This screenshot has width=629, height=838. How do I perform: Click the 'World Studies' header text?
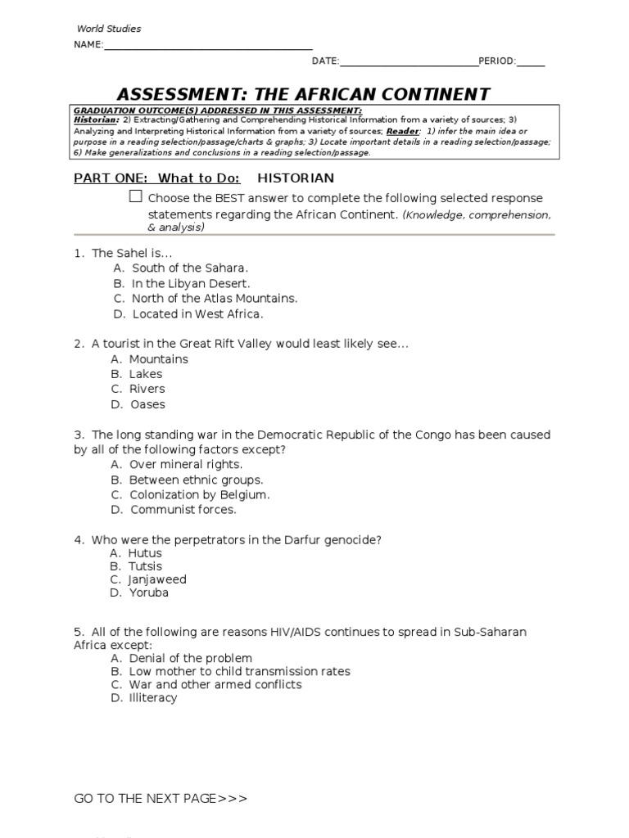pos(109,29)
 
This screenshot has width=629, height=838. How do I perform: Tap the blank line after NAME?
pos(208,47)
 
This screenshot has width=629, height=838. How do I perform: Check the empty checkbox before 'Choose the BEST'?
pos(136,197)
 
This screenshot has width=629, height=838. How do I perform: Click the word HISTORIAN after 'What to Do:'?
pos(296,178)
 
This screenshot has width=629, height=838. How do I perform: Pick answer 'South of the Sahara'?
pos(189,268)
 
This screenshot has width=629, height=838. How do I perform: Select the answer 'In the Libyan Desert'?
pos(191,283)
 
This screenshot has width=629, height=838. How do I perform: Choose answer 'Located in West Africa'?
pos(197,313)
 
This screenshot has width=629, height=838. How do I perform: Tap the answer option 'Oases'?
pos(147,404)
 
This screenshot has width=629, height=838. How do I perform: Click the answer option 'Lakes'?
pos(146,374)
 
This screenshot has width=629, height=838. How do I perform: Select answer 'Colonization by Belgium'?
pos(199,494)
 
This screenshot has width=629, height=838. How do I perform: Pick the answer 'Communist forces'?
pos(183,509)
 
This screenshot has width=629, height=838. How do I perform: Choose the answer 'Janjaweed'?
pos(157,579)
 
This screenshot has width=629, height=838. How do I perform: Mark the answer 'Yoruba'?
pos(149,592)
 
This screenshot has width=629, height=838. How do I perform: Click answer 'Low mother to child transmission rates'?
pos(239,671)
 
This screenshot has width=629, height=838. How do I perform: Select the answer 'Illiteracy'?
pos(153,698)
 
